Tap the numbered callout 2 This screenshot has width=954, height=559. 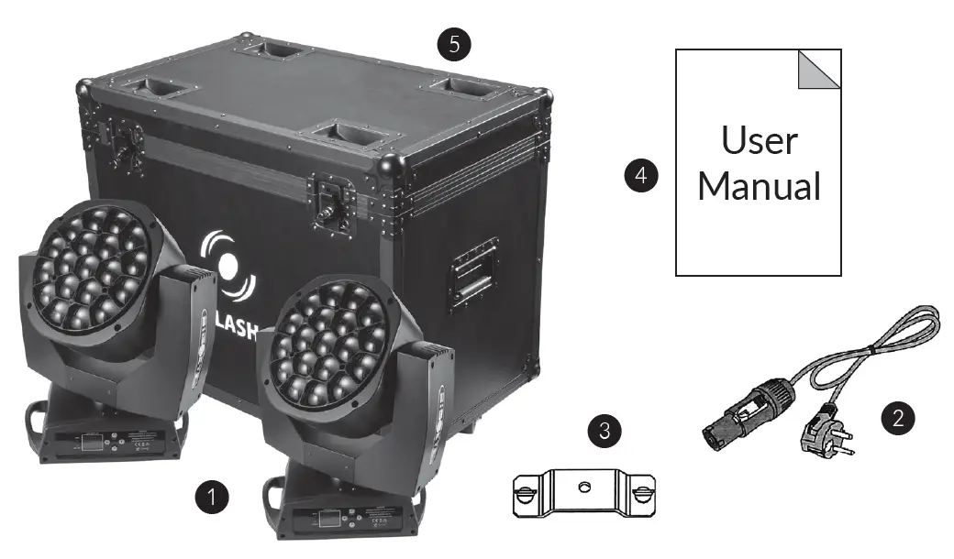898,419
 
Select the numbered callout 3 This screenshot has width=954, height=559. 603,429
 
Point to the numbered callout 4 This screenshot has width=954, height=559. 640,175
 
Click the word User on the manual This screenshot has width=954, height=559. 759,141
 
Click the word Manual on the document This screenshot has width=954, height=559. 759,186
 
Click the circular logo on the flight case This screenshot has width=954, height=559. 228,267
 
